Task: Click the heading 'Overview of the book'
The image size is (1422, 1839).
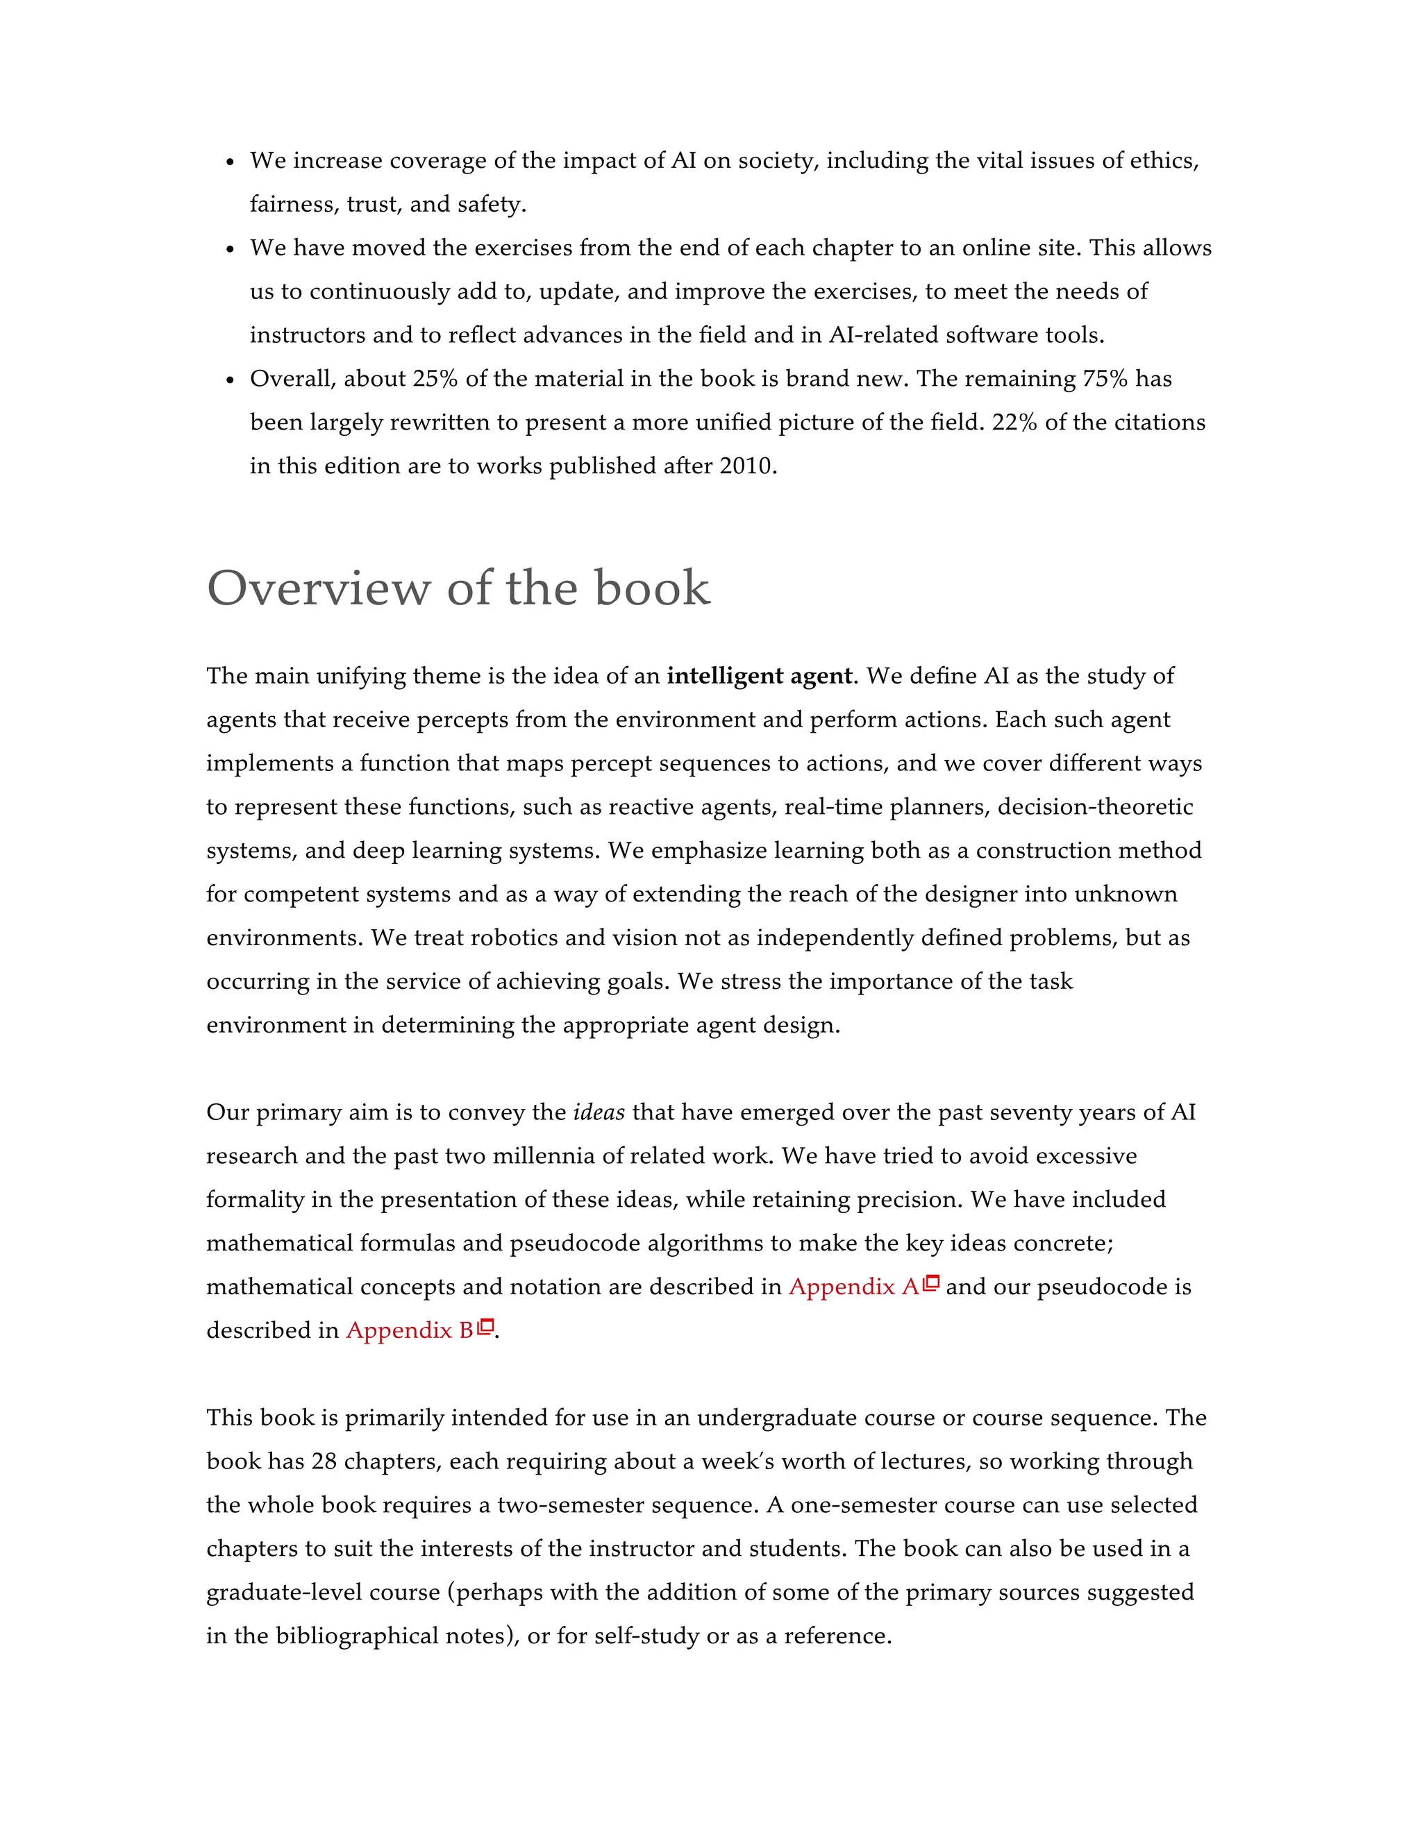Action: [458, 588]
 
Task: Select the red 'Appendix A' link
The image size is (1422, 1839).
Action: [853, 1287]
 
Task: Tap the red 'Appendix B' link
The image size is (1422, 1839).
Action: [410, 1330]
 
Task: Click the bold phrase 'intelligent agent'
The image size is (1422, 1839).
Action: [759, 676]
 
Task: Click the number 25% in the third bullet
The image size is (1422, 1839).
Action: [435, 379]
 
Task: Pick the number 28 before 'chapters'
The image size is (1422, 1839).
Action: [324, 1461]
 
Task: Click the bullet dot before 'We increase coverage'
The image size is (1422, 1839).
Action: [230, 162]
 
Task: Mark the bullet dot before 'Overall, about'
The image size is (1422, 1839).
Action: [230, 380]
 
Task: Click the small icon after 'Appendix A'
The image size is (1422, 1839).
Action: [932, 1283]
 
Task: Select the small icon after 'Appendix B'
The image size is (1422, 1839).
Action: [486, 1327]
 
